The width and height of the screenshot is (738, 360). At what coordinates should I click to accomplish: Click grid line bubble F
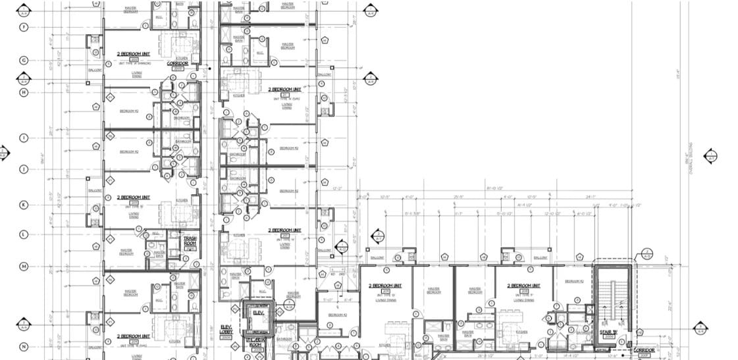click(x=24, y=27)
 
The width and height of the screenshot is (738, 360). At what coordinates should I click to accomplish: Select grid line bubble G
click(x=24, y=60)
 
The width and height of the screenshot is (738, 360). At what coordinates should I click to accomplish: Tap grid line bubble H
click(x=24, y=92)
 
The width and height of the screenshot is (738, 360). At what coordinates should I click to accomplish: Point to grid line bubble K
click(x=24, y=205)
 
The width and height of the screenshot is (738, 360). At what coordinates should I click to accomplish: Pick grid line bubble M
click(x=24, y=266)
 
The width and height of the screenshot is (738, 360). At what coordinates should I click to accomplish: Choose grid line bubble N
click(x=24, y=347)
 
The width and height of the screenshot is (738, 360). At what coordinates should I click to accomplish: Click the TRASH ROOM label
click(x=190, y=240)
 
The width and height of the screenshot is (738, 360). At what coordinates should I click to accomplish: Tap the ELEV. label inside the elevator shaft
click(x=258, y=313)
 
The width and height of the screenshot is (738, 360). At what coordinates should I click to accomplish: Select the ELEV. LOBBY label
click(x=226, y=330)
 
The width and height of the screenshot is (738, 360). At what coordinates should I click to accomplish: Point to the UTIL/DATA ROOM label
click(x=255, y=344)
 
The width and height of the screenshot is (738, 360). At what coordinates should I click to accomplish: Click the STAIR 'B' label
click(x=607, y=332)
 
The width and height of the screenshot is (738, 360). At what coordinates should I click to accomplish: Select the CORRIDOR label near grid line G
click(x=178, y=64)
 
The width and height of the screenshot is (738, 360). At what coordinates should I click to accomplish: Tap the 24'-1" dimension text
click(x=571, y=197)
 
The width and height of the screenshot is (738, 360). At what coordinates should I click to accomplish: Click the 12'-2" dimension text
click(x=338, y=188)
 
